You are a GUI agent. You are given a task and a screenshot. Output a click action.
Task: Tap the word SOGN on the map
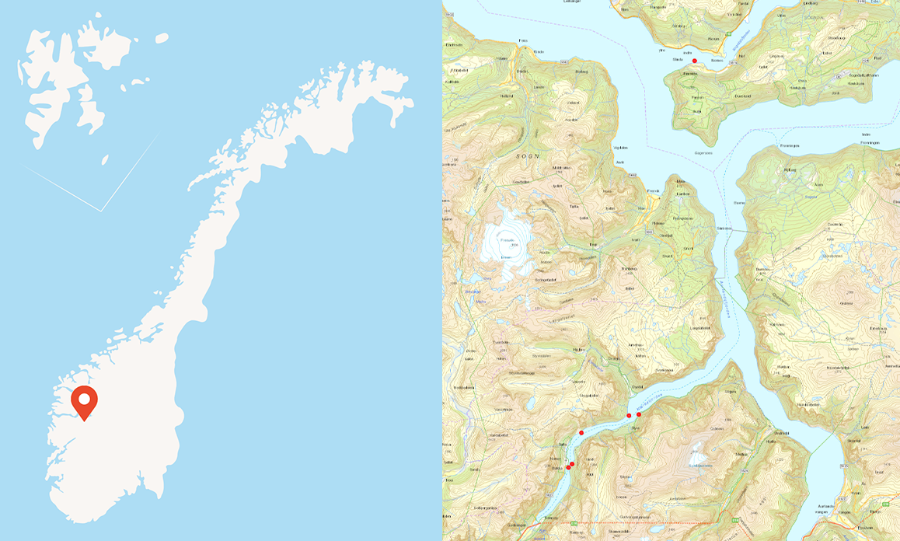(528, 155)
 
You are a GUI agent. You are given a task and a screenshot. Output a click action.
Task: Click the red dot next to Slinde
(695, 61)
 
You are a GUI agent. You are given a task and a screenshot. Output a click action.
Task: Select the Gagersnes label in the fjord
(703, 153)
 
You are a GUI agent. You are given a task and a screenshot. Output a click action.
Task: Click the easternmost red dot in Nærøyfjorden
(639, 414)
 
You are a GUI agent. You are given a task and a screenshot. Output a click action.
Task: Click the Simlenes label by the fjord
(724, 229)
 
